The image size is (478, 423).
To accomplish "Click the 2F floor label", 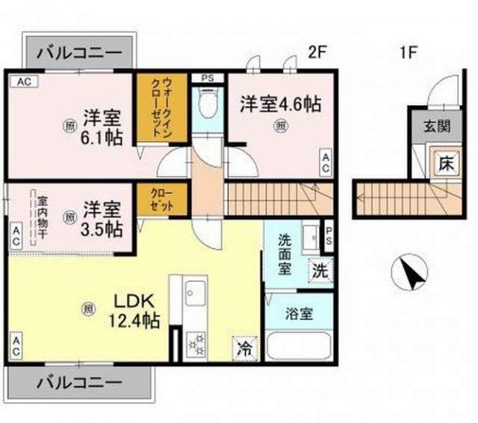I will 319,53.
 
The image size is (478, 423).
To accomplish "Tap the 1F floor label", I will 409,53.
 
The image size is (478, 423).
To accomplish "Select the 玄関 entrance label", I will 438,126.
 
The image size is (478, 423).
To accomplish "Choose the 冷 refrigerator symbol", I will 243,347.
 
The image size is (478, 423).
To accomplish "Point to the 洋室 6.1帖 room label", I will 102,127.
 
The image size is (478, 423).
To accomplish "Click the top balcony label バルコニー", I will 80,54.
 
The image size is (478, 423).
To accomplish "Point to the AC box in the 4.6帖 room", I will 326,163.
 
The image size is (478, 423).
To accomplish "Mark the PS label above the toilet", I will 207,78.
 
